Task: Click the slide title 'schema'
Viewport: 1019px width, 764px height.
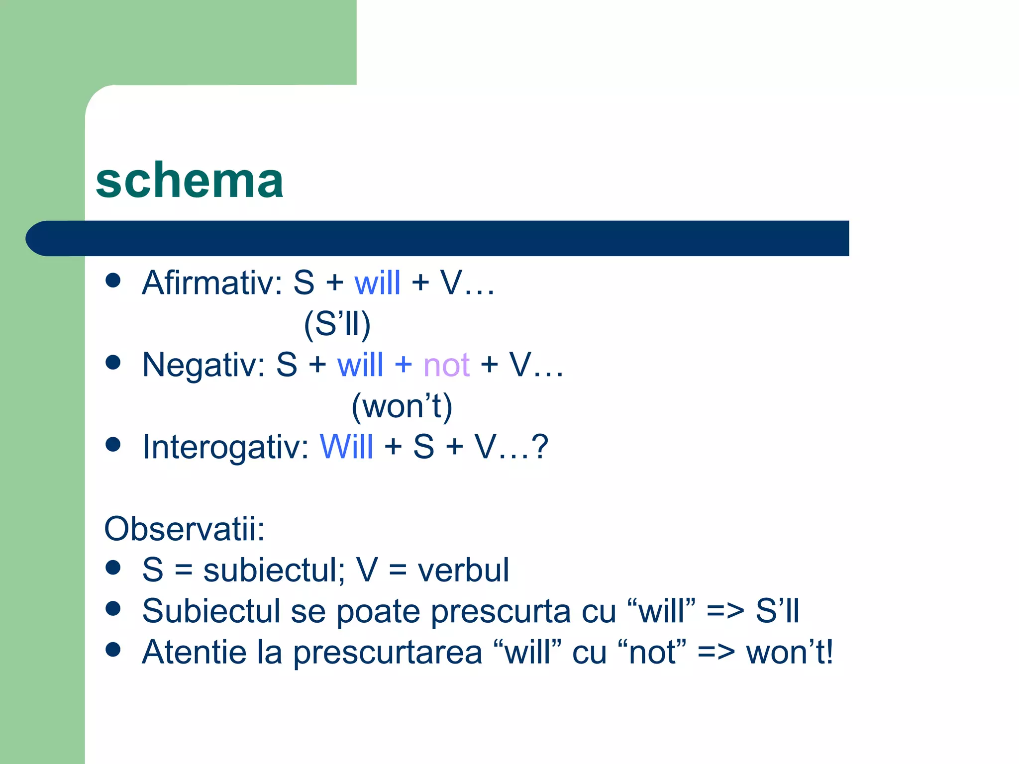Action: (x=189, y=181)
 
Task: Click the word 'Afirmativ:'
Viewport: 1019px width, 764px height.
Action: (x=212, y=283)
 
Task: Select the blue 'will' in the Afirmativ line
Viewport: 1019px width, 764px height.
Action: (x=377, y=283)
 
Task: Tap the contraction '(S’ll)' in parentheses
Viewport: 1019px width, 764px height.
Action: (x=337, y=324)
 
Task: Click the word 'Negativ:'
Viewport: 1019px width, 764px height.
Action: (x=204, y=365)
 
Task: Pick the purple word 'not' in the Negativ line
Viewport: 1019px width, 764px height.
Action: (x=446, y=365)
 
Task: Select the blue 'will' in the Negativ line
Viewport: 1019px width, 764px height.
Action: (x=360, y=365)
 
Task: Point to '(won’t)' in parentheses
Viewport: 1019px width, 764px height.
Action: (x=402, y=406)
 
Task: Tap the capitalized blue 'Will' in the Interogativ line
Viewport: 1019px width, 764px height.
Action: (x=346, y=447)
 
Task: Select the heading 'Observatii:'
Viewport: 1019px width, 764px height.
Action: (x=184, y=529)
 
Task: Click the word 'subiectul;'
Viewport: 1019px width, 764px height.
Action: (x=274, y=570)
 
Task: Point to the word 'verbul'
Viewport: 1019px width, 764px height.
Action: (x=463, y=570)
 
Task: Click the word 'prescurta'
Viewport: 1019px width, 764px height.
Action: (x=501, y=611)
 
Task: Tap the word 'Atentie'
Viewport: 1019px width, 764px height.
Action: (x=194, y=652)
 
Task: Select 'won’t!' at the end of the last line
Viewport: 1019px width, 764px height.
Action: (x=790, y=652)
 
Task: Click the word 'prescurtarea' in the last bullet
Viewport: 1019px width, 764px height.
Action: (x=387, y=652)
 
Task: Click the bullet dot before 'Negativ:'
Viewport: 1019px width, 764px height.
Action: (x=113, y=362)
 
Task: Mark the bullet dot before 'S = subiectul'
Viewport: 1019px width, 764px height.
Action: (x=113, y=568)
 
